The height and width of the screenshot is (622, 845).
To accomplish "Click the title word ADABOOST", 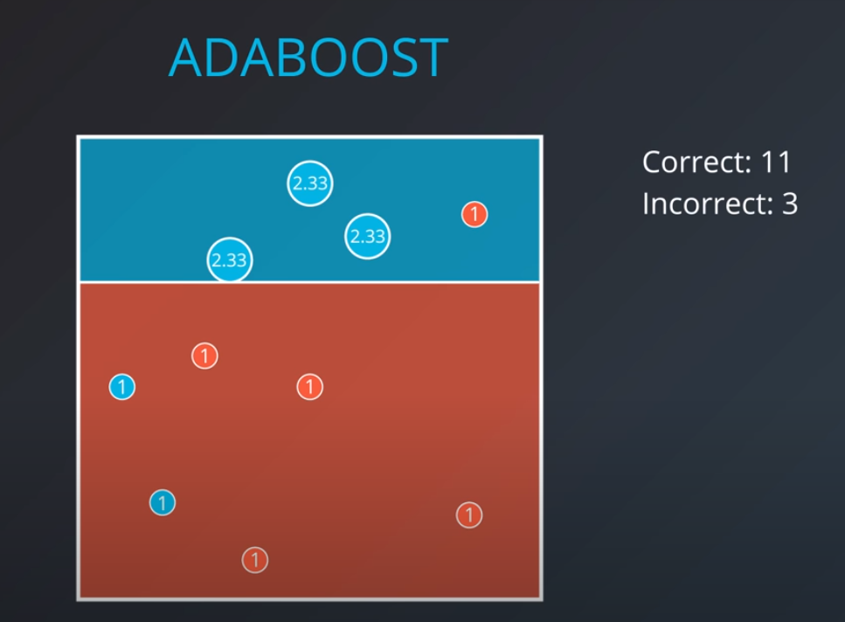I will (x=308, y=58).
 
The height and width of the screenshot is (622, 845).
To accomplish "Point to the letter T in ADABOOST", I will (x=431, y=58).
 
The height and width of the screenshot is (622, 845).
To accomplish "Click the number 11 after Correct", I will (x=776, y=162).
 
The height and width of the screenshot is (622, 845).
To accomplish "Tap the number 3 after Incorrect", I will (x=788, y=204).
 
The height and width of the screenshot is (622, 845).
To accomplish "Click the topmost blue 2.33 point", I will (x=310, y=183).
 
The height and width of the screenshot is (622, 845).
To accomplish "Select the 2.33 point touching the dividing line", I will (x=229, y=259).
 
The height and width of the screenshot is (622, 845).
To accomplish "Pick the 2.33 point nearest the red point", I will (x=367, y=236).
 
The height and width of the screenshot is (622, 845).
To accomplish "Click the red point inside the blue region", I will (x=474, y=214).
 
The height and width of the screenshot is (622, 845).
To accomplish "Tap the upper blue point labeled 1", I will (x=122, y=386).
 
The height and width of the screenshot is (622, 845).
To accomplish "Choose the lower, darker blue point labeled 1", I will (x=163, y=502).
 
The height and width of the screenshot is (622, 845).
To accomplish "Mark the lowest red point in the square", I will (x=254, y=560).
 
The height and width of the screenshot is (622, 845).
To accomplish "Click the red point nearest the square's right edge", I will (x=469, y=515).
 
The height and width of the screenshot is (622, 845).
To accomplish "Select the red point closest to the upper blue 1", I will (x=204, y=356).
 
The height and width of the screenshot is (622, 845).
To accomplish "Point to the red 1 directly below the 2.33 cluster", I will (x=310, y=386).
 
